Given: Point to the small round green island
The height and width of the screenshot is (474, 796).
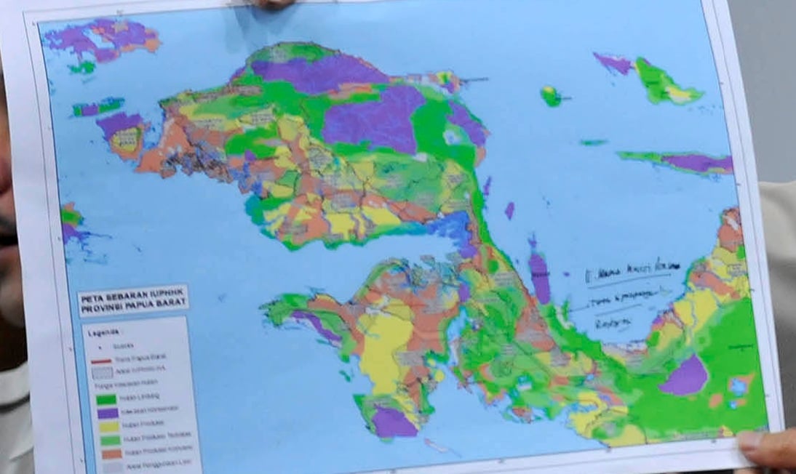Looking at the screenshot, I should (551, 95).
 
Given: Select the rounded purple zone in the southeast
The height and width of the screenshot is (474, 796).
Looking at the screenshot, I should (683, 376).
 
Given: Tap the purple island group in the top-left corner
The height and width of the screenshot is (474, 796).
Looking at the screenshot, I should (102, 39).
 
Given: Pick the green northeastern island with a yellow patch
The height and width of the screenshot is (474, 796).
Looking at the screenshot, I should (662, 81).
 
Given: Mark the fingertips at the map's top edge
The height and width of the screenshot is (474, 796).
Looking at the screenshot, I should (273, 4).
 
